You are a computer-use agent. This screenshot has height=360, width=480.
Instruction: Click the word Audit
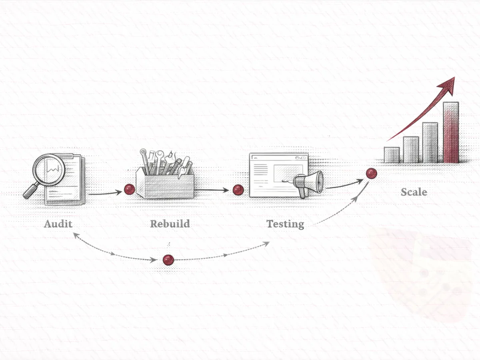pos(58,223)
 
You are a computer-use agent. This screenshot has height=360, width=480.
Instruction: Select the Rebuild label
pos(170,223)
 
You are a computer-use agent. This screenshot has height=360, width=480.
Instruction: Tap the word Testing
pos(285,224)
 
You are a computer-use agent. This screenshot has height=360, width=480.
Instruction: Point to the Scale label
pos(414,192)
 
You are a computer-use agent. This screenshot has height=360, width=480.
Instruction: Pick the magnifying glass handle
pos(30,191)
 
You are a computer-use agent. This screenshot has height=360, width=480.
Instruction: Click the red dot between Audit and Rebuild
pos(129,190)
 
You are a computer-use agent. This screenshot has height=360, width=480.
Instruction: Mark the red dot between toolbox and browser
pos(238,190)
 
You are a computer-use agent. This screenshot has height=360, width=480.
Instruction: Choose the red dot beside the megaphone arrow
pos(372,173)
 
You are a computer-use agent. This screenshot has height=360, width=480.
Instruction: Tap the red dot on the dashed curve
pos(168,260)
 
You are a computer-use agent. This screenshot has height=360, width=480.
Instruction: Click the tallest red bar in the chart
pos(451,133)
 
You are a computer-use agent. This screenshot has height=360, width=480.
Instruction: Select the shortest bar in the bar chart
pos(392,155)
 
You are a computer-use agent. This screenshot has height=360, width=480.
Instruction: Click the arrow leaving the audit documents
pos(105,193)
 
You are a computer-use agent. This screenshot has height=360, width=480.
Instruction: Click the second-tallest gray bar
pos(430,142)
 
